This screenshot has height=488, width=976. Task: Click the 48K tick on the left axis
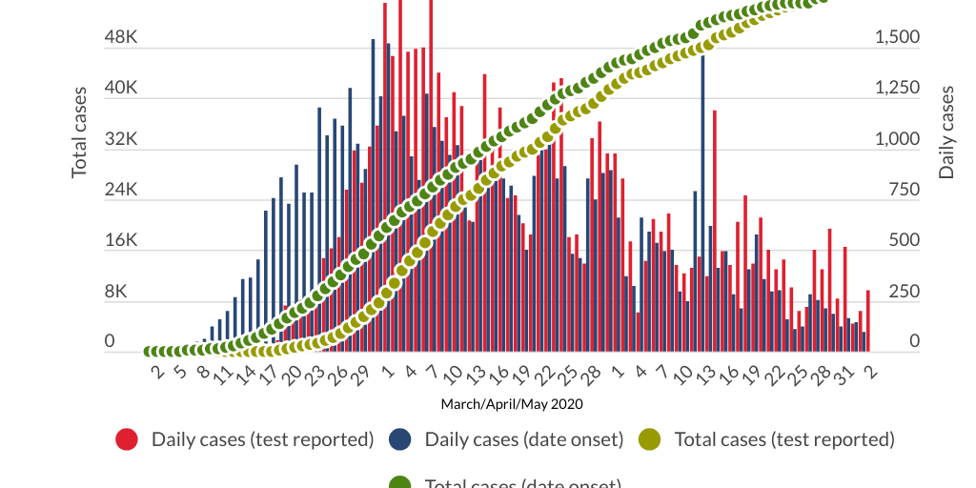coord(121,37)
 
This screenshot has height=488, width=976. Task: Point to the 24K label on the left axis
coord(121,190)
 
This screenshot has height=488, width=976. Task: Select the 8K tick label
coord(121,292)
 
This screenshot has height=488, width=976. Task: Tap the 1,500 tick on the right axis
coord(897,37)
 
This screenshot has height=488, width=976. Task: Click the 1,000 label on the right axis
coord(897,139)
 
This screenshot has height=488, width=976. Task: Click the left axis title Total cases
coord(80,132)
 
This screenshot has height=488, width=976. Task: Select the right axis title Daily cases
coord(946,132)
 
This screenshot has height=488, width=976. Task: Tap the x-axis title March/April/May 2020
coord(512,404)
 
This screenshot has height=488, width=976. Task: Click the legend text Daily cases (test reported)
coord(262,439)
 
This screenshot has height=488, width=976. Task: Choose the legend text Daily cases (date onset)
coord(523,439)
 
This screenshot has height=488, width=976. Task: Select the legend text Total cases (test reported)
coord(784,439)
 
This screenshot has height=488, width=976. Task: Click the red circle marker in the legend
coord(128,439)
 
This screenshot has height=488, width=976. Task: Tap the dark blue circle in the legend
coord(400,439)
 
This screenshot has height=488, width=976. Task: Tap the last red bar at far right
coord(868,320)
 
